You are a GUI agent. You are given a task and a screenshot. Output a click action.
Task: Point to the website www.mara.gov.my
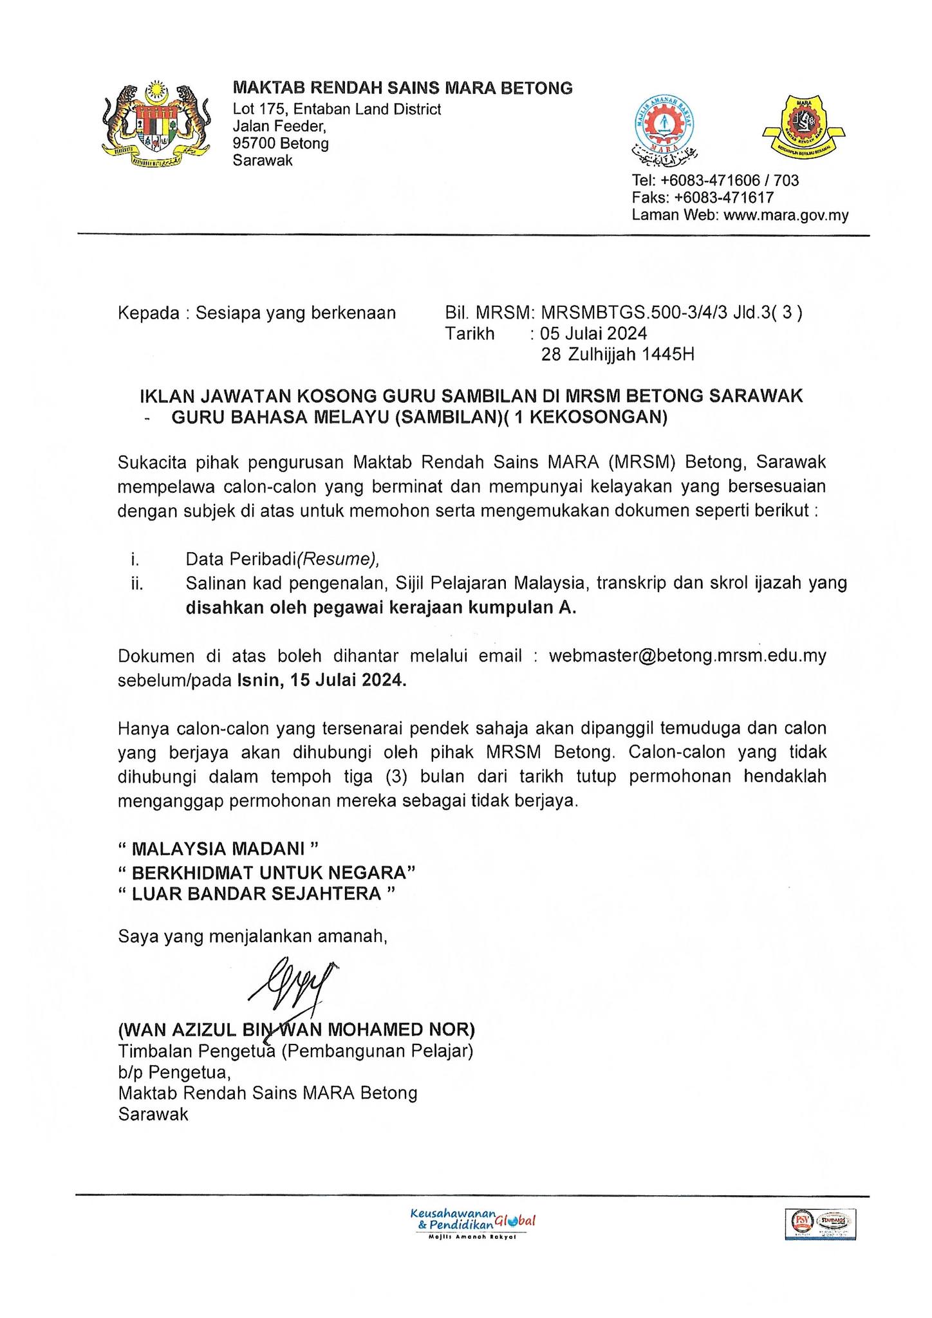(x=786, y=215)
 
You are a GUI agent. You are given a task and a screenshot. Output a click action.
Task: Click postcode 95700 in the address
(x=254, y=143)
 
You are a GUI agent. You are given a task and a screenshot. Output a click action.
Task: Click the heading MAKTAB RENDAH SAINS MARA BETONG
(x=402, y=88)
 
